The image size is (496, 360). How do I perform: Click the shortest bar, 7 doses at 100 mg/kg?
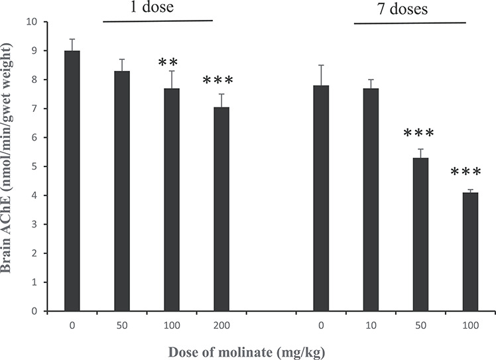coord(470,251)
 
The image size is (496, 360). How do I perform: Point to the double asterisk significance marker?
coord(171,64)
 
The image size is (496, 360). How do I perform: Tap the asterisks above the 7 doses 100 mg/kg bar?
coord(470,174)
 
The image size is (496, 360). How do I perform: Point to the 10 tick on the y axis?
coord(31,22)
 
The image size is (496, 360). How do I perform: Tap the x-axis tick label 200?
coord(221,324)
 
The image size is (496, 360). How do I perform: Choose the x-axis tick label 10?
coord(371,324)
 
